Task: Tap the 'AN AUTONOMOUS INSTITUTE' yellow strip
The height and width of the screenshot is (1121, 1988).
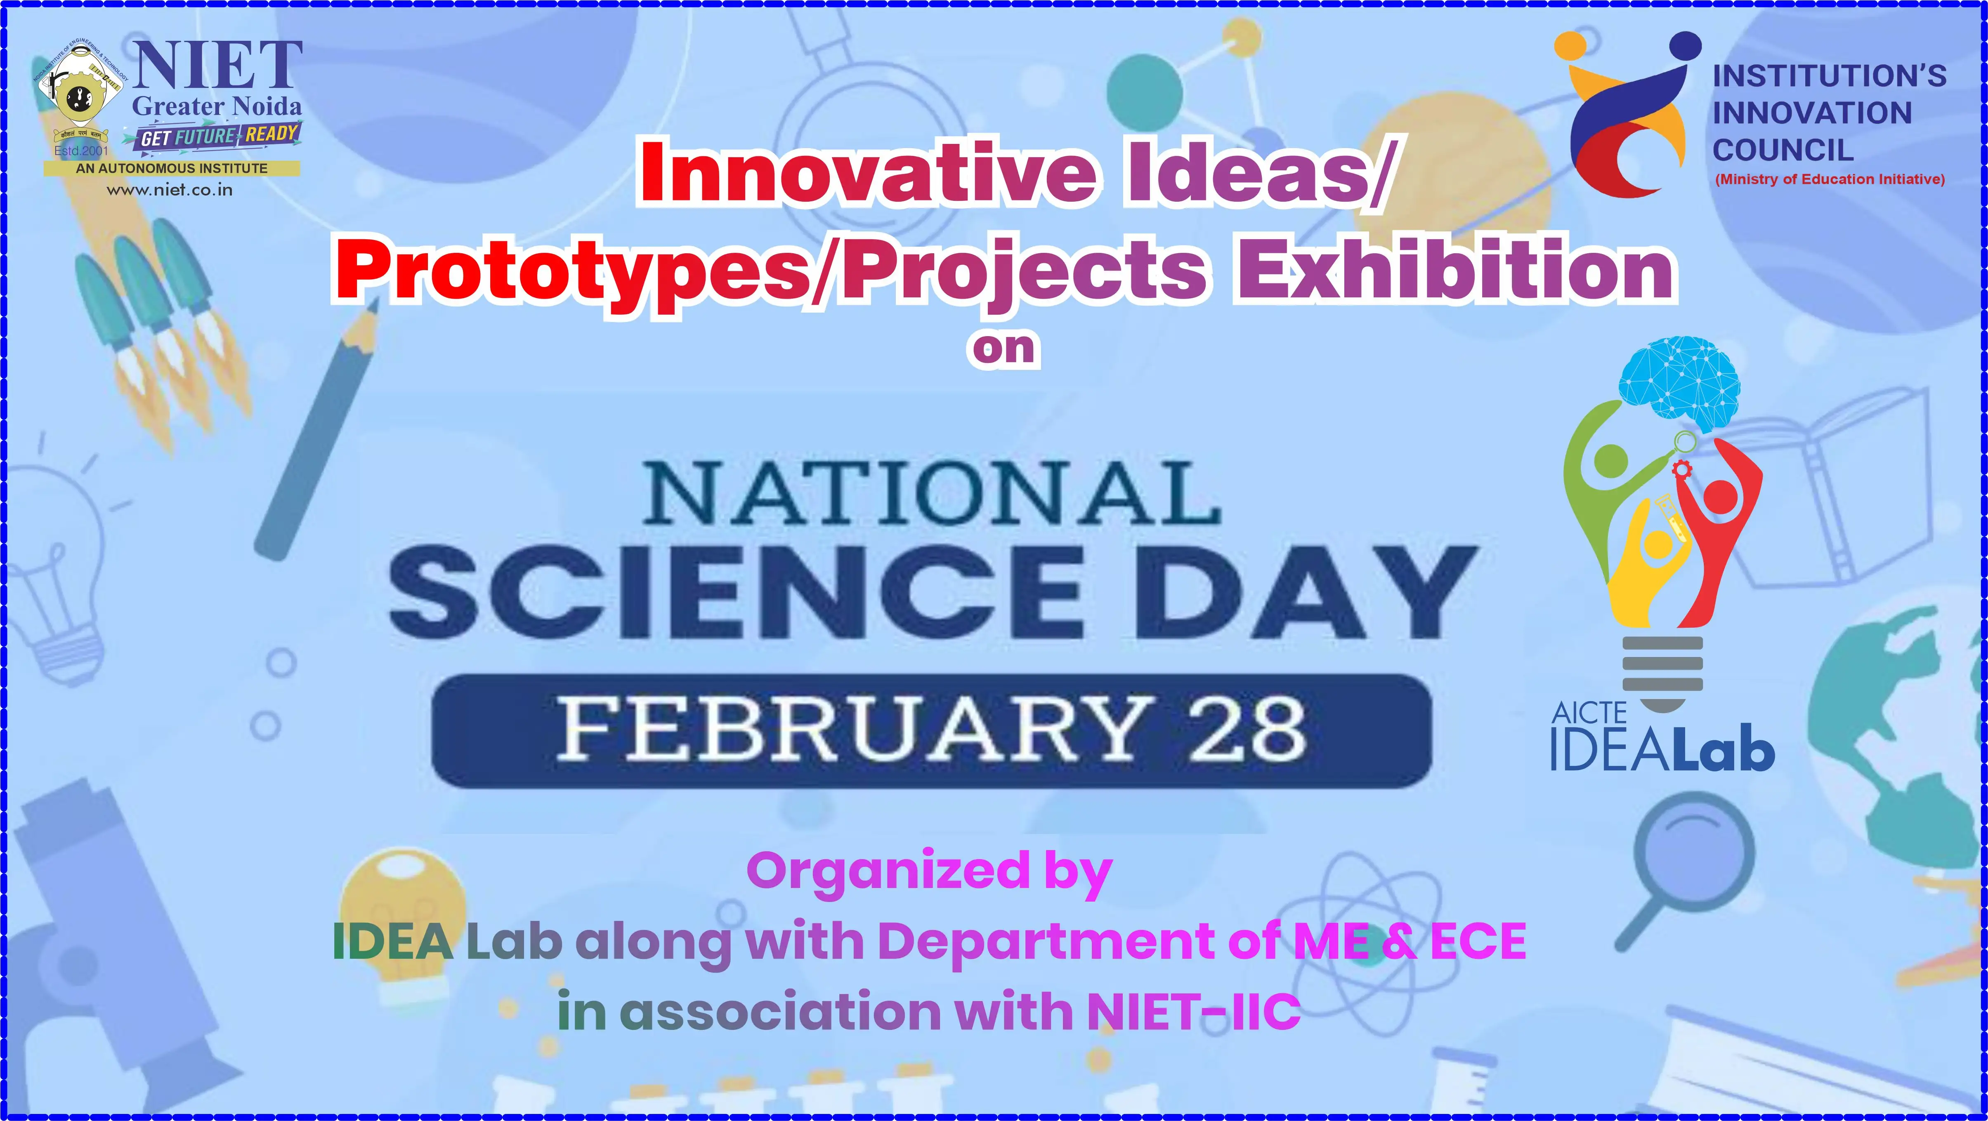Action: [x=171, y=167]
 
